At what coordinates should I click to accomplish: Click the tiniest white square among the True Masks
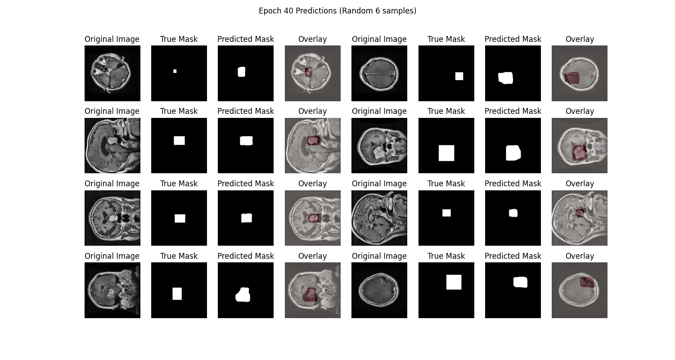click(175, 71)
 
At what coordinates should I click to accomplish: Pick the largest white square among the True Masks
click(446, 153)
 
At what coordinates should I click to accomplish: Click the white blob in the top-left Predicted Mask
click(242, 72)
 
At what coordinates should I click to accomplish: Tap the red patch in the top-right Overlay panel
click(572, 78)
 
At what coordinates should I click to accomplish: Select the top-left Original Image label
click(112, 39)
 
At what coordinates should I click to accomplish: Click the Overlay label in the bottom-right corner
click(580, 256)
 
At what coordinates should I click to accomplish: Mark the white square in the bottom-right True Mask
click(454, 282)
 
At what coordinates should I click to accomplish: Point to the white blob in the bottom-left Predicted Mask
click(243, 295)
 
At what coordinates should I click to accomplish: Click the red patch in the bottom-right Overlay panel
click(587, 283)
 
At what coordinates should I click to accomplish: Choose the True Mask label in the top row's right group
click(446, 39)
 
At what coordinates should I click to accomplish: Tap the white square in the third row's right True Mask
click(446, 213)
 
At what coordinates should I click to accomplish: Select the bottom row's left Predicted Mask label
click(246, 256)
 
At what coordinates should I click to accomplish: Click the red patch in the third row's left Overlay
click(314, 218)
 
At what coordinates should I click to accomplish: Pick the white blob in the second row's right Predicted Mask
click(513, 153)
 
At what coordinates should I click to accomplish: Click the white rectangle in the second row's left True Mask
click(179, 140)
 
